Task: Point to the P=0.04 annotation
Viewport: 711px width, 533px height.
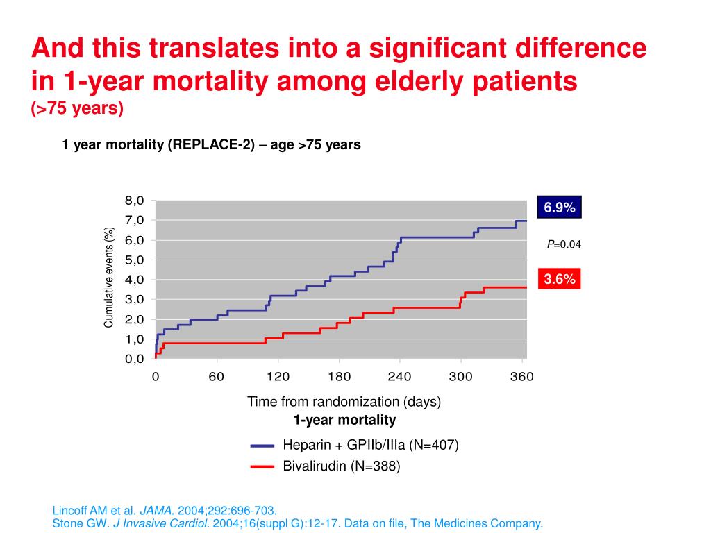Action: click(x=563, y=244)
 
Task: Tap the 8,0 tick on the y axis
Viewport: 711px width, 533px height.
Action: click(x=134, y=201)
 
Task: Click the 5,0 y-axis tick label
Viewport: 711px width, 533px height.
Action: click(x=134, y=260)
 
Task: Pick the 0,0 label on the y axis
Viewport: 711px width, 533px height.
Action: click(x=134, y=359)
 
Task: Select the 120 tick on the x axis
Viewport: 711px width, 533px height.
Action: click(x=278, y=377)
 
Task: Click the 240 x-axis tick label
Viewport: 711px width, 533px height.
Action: click(x=399, y=377)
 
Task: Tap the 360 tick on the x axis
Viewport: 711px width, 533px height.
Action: click(x=521, y=377)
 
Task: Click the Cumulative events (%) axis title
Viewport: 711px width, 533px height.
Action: click(x=108, y=278)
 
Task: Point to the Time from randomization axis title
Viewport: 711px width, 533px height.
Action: click(x=344, y=402)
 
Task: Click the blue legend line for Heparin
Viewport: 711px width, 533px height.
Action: click(x=263, y=446)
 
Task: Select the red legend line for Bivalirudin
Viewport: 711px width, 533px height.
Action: click(x=263, y=466)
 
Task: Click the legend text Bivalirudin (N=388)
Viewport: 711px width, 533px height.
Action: click(x=341, y=466)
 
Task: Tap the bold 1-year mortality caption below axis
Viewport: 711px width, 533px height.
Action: click(x=344, y=420)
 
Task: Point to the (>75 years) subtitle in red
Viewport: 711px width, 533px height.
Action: click(x=77, y=109)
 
